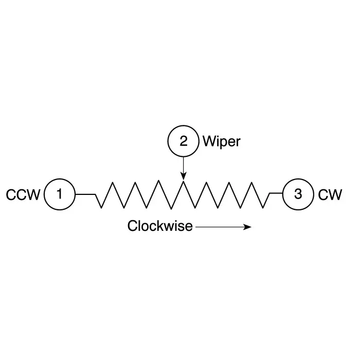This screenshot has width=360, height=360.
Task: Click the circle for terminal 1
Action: pyautogui.click(x=60, y=194)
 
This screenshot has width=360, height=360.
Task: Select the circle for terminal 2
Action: pyautogui.click(x=183, y=141)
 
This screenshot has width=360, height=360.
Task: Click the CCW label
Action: pyautogui.click(x=23, y=195)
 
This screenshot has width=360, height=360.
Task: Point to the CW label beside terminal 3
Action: pyautogui.click(x=329, y=195)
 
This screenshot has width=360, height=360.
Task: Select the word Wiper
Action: pyautogui.click(x=221, y=141)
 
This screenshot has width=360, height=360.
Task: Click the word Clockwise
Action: pyautogui.click(x=160, y=226)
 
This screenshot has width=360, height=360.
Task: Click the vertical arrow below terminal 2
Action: pyautogui.click(x=183, y=167)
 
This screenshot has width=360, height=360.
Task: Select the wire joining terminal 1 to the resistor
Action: pyautogui.click(x=85, y=194)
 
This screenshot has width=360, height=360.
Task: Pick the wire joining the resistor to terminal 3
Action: pyautogui.click(x=276, y=194)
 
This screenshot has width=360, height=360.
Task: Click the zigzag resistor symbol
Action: pyautogui.click(x=183, y=194)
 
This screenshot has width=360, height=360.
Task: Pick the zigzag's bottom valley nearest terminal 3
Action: pyautogui.click(x=265, y=208)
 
